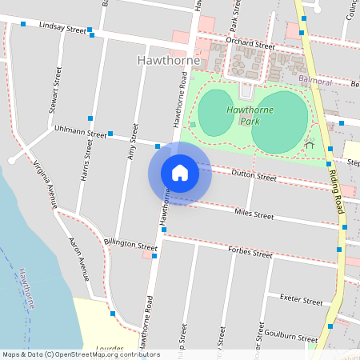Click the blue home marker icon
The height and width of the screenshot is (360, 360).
point(180,173)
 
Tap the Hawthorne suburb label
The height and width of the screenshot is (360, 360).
point(169,60)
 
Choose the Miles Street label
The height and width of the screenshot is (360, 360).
point(254,214)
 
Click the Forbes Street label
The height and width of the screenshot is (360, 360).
point(250,253)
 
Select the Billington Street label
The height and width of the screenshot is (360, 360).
point(130,246)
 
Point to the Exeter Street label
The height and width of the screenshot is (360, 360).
point(301,301)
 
